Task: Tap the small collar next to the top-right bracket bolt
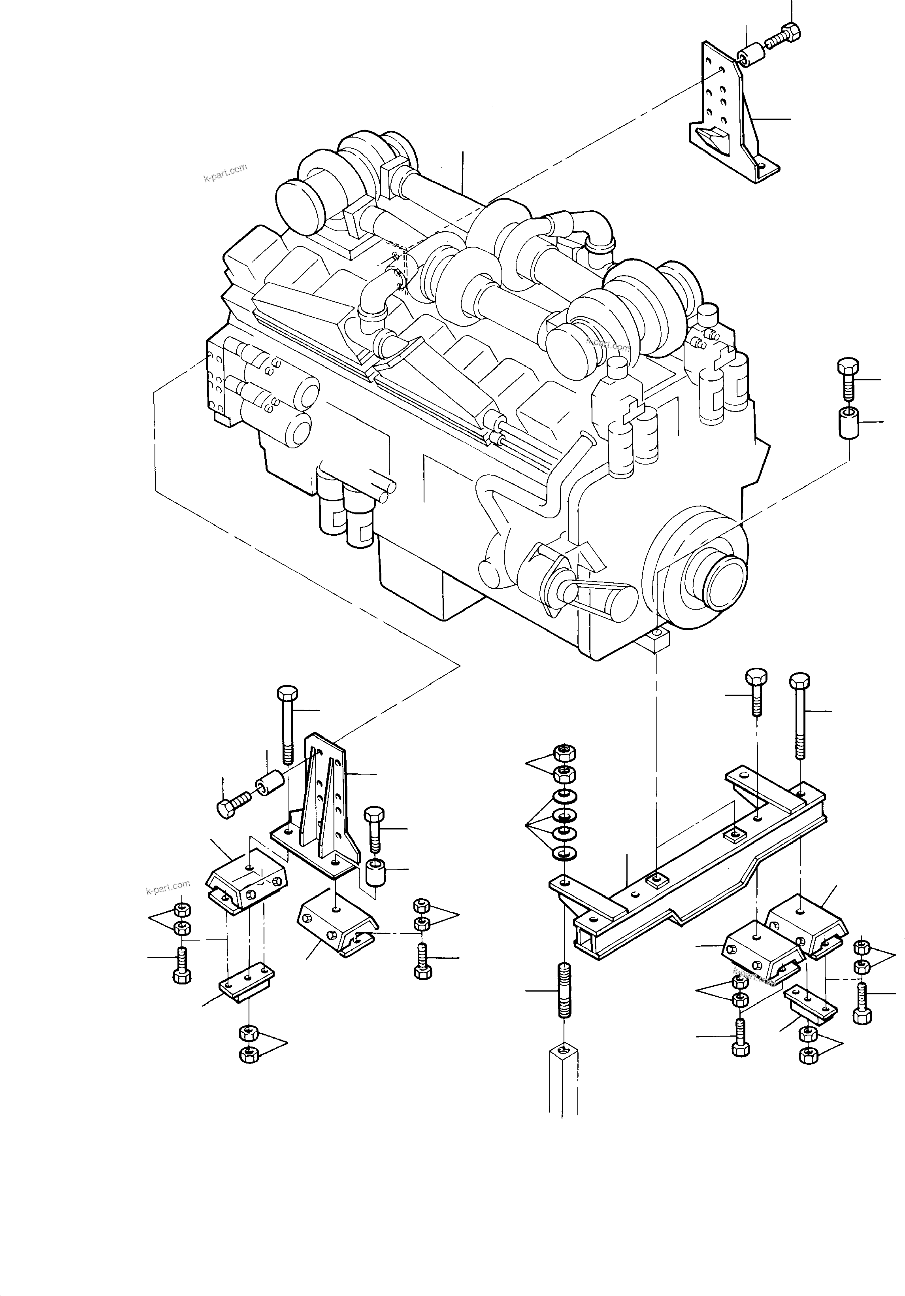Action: pos(751,57)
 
